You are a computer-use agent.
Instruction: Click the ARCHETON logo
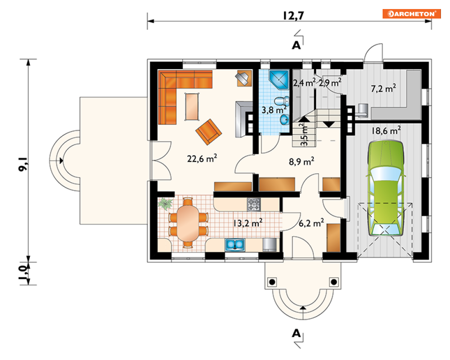coord(412,14)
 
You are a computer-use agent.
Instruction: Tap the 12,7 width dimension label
coord(293,15)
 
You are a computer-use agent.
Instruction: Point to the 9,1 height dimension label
coord(23,164)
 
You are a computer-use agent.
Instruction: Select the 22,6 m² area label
coord(202,158)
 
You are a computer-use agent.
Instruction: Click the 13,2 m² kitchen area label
coord(247,223)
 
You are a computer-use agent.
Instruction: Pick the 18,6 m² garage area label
coord(386,131)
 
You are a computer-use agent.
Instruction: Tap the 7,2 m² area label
coord(384,89)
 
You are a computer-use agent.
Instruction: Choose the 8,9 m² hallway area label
coord(301,161)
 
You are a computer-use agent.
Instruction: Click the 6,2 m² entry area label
coord(311,223)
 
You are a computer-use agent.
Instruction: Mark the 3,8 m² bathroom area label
coord(274,109)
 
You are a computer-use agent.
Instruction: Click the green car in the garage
coord(385,188)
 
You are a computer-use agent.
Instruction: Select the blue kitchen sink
coord(235,245)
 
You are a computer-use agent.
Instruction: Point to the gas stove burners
coord(254,204)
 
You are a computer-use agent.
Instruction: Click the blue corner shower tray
coord(279,79)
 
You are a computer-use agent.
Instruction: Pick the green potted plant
coord(165,203)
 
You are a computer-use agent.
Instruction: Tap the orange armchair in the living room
coord(208,132)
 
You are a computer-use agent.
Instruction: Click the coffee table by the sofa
coord(192,106)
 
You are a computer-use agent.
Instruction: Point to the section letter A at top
coord(296,45)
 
